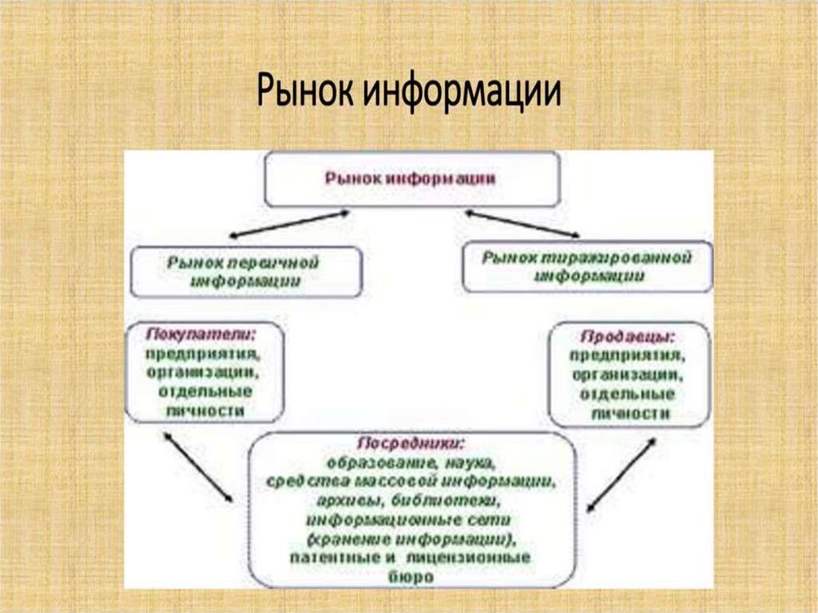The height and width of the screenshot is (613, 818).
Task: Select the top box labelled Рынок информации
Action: point(411,179)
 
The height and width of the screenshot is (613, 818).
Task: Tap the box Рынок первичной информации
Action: point(245,272)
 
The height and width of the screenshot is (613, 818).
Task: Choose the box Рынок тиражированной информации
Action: point(586,267)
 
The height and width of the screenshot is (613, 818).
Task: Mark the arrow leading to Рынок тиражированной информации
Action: point(523,224)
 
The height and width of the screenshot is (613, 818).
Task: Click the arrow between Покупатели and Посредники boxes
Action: point(198,468)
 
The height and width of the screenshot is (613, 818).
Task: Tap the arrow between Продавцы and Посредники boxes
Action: point(621,474)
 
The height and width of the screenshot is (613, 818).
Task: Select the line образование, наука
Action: point(411,463)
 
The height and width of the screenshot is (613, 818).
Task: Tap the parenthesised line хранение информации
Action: point(411,537)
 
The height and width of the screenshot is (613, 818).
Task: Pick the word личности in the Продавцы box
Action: point(630,414)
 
